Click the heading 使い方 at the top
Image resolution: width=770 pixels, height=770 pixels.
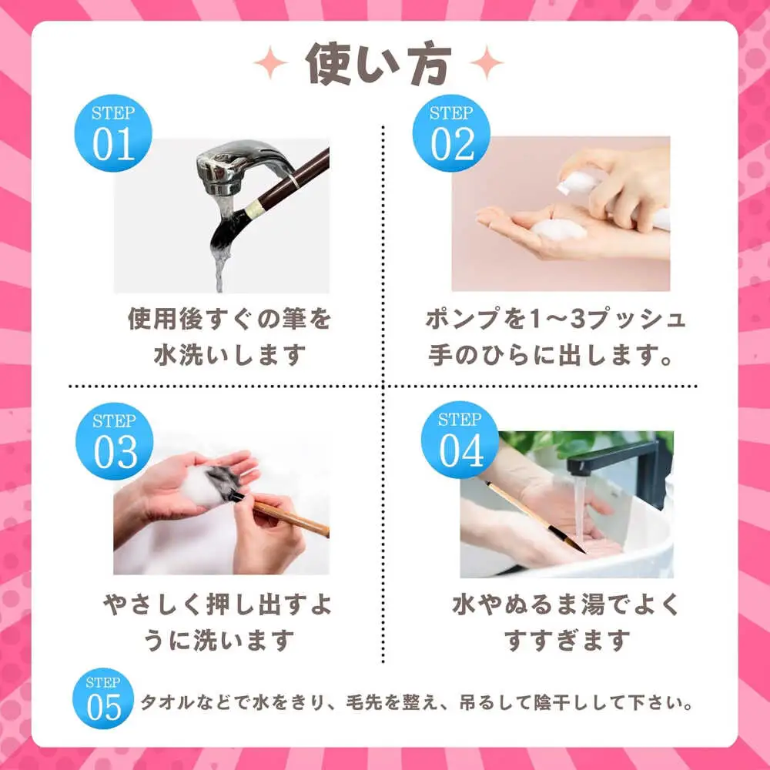[x=378, y=64]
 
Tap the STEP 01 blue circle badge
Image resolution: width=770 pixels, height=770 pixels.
[x=113, y=133]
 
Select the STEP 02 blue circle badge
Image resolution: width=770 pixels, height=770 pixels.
[x=451, y=133]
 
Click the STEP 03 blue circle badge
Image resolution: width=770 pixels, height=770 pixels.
[x=115, y=441]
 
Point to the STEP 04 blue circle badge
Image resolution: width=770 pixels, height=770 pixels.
[x=460, y=440]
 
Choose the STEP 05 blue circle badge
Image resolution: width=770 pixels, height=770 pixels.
[x=103, y=698]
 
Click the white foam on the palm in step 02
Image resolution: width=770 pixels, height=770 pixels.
[x=560, y=229]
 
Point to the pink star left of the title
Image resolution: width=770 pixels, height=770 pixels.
[x=270, y=62]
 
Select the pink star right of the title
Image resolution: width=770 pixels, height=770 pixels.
[x=486, y=62]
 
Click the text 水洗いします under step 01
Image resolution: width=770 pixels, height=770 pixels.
[x=229, y=354]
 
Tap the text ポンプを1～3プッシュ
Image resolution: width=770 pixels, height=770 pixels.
[x=555, y=319]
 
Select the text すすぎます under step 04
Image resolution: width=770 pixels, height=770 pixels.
[x=567, y=641]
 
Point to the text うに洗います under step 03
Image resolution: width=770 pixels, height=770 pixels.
[x=219, y=641]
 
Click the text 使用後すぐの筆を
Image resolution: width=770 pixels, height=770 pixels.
[x=229, y=319]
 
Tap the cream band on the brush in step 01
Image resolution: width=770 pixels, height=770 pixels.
[x=254, y=209]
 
